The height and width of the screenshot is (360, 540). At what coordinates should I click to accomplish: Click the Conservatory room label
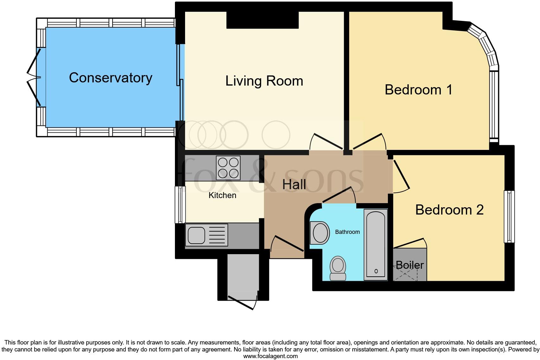pyautogui.click(x=111, y=78)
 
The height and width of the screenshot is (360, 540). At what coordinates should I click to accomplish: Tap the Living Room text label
pyautogui.click(x=264, y=81)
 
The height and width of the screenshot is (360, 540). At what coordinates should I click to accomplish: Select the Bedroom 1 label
pyautogui.click(x=418, y=90)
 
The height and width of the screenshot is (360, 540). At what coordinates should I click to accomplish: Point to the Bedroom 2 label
pyautogui.click(x=449, y=210)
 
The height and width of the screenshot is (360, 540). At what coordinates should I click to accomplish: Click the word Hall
pyautogui.click(x=294, y=184)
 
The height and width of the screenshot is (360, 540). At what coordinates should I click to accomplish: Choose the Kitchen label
pyautogui.click(x=222, y=195)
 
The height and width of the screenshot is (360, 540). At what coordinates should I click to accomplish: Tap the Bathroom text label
pyautogui.click(x=347, y=232)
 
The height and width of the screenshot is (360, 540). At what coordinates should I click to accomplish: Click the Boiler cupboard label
pyautogui.click(x=409, y=265)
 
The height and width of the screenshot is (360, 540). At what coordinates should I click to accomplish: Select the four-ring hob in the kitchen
pyautogui.click(x=228, y=168)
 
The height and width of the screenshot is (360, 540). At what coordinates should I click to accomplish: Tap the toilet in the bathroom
pyautogui.click(x=338, y=268)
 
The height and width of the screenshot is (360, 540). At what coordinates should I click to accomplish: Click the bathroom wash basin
pyautogui.click(x=320, y=233)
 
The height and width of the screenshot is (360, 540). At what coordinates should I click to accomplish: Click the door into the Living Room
pyautogui.click(x=326, y=142)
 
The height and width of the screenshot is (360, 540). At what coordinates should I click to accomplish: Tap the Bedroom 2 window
pyautogui.click(x=509, y=216)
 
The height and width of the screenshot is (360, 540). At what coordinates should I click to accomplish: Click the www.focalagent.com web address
pyautogui.click(x=270, y=356)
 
